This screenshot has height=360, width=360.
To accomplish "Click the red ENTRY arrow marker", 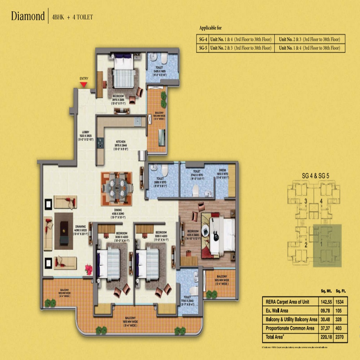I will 84,84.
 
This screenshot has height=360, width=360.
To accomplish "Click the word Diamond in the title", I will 28,17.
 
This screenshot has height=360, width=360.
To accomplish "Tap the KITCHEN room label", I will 120,143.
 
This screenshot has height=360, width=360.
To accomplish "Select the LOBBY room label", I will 86,132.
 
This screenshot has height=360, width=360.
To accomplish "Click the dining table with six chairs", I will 117,186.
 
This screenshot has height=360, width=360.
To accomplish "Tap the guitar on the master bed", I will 215,234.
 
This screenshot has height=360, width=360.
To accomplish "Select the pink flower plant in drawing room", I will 88,269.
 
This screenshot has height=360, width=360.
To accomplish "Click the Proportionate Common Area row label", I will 290,328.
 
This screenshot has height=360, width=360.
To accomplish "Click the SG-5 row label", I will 202,48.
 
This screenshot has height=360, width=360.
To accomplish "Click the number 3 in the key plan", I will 305,201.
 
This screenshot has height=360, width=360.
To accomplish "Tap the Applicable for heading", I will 213,28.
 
